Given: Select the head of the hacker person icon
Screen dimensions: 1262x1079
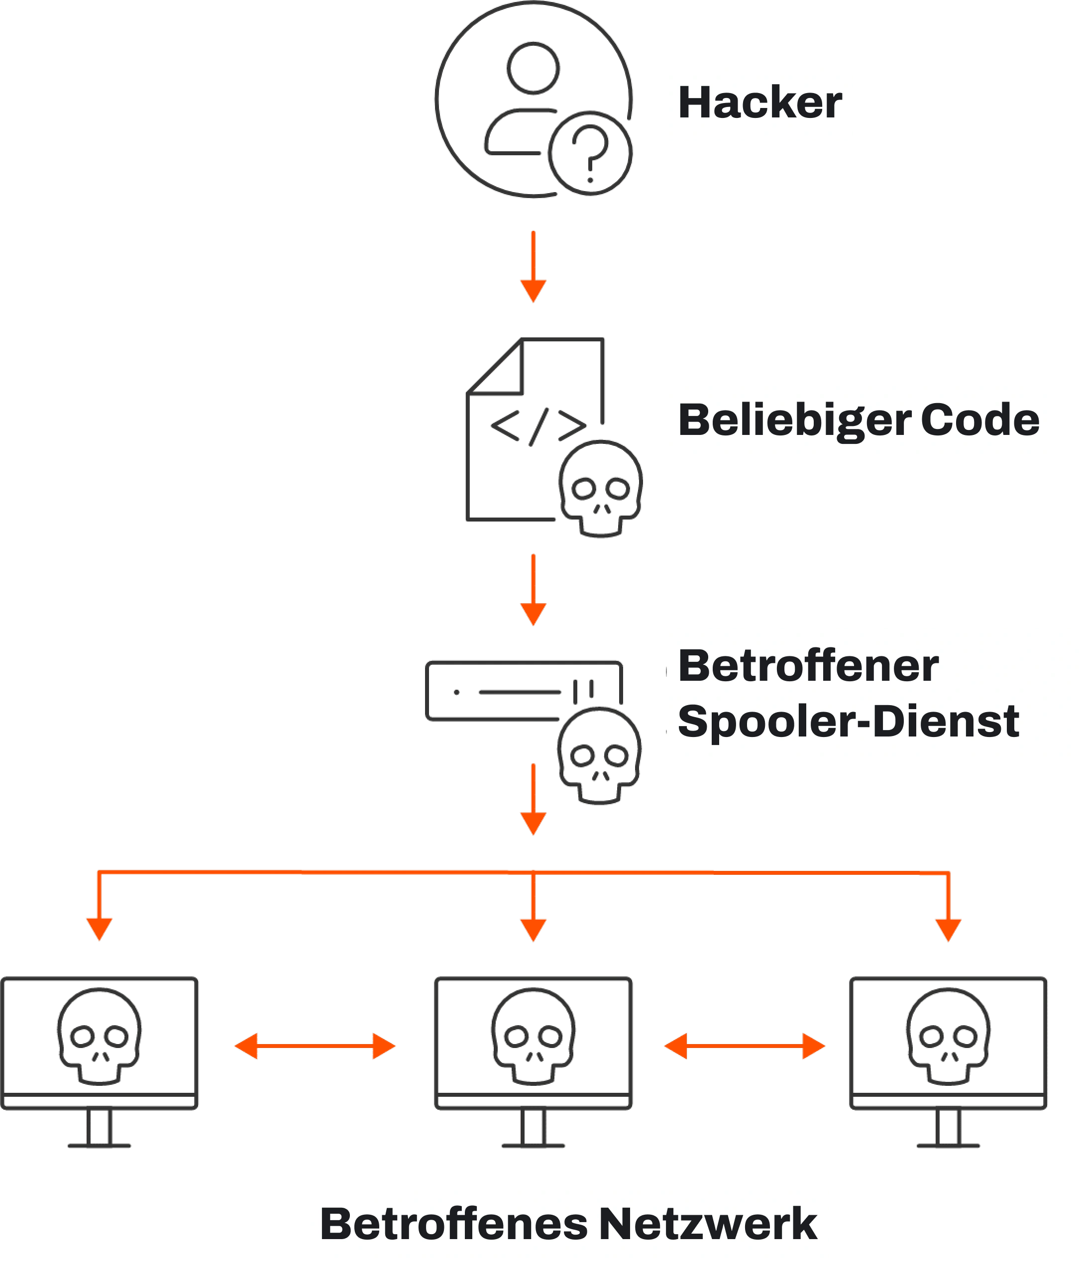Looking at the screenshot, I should pyautogui.click(x=533, y=67).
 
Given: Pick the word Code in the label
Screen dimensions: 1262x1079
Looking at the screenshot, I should pyautogui.click(x=979, y=421).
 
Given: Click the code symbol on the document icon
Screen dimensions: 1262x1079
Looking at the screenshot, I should pyautogui.click(x=539, y=426).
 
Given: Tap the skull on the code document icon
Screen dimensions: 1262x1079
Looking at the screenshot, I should pyautogui.click(x=601, y=488).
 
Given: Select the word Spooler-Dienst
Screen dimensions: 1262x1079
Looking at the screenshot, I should pyautogui.click(x=848, y=722).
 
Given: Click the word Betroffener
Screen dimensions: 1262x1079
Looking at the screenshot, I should pyautogui.click(x=808, y=666).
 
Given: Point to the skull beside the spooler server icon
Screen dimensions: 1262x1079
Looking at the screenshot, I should pyautogui.click(x=599, y=756).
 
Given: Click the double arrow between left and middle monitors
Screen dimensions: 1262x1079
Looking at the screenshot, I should pyautogui.click(x=315, y=1047).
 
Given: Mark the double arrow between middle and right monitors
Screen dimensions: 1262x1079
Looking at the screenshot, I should pyautogui.click(x=744, y=1047).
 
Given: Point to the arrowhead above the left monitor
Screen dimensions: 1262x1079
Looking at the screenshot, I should pyautogui.click(x=100, y=928).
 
